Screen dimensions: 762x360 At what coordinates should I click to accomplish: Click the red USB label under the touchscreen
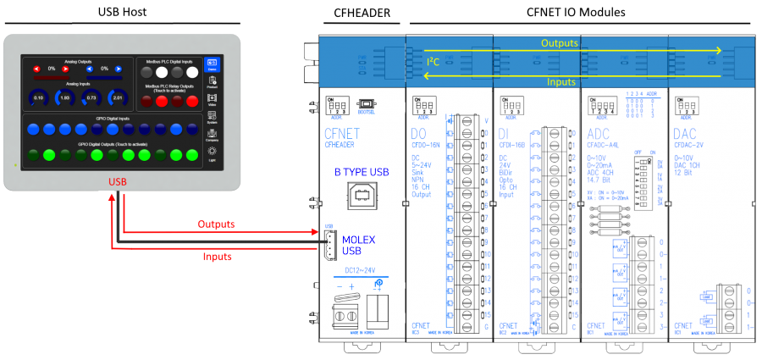pyautogui.click(x=118, y=183)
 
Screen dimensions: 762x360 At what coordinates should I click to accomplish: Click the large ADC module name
pyautogui.click(x=599, y=134)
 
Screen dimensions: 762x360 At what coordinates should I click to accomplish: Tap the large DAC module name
pyautogui.click(x=685, y=134)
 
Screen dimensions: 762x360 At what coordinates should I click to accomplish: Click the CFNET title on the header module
pyautogui.click(x=343, y=134)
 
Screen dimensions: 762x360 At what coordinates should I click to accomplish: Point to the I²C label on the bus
pyautogui.click(x=433, y=62)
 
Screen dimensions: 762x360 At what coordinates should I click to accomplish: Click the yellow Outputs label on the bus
pyautogui.click(x=560, y=42)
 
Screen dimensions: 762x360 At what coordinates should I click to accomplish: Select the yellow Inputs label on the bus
pyautogui.click(x=562, y=82)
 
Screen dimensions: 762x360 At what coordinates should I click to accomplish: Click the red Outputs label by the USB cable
pyautogui.click(x=216, y=224)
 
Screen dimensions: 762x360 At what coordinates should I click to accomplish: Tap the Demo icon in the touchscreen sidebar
pyautogui.click(x=212, y=64)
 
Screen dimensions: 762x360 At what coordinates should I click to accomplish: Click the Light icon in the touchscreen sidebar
pyautogui.click(x=212, y=153)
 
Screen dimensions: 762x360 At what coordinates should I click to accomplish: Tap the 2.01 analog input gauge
pyautogui.click(x=118, y=97)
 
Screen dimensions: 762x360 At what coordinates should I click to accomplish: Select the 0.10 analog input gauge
pyautogui.click(x=38, y=97)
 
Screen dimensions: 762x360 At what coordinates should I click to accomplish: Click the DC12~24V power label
pyautogui.click(x=356, y=269)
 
